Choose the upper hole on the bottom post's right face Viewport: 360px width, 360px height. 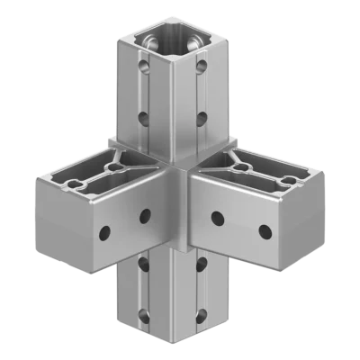click(x=200, y=263)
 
